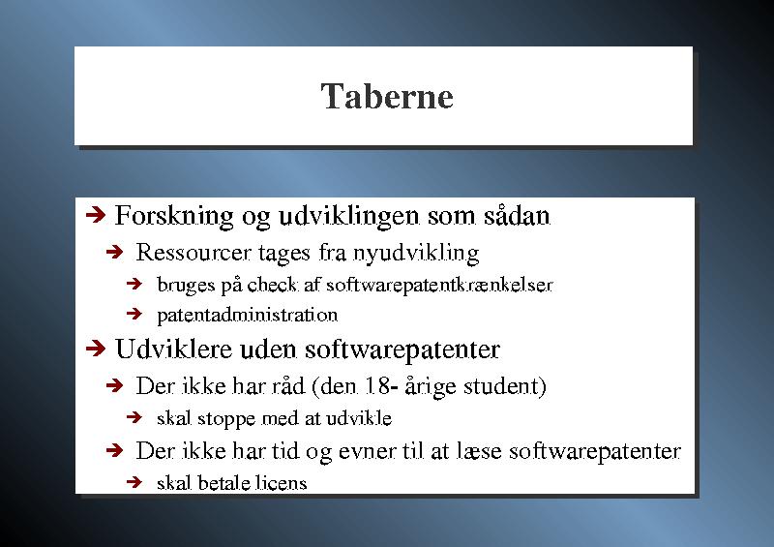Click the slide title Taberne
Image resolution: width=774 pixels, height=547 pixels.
[386, 96]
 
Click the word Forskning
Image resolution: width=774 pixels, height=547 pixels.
[174, 217]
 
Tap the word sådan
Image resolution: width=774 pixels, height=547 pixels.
[517, 216]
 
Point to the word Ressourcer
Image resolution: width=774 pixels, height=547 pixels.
[193, 253]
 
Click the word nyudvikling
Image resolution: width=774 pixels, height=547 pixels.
[416, 254]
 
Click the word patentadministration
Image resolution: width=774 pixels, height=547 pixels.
[248, 316]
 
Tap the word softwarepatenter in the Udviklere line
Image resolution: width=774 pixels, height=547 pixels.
[402, 350]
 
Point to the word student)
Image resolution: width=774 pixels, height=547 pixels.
[505, 387]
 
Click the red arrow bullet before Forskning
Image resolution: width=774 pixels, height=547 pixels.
[96, 215]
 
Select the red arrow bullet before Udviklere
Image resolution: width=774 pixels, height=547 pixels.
[96, 349]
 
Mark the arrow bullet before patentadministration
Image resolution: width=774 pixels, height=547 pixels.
[134, 314]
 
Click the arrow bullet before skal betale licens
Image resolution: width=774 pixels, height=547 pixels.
[134, 482]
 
